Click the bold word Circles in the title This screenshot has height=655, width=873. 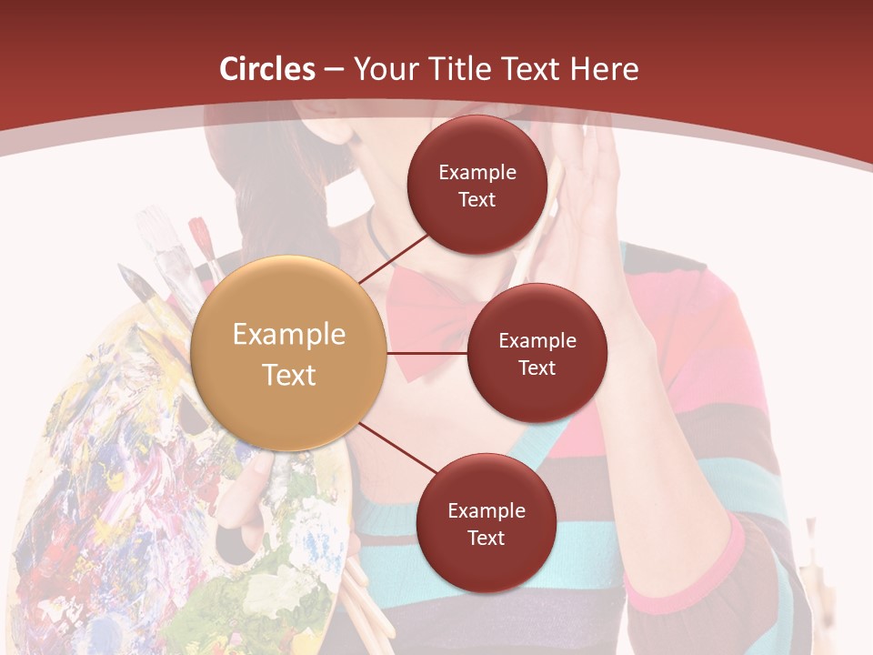pos(267,69)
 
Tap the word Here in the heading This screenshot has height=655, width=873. pos(604,69)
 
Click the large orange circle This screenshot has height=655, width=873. pos(289,353)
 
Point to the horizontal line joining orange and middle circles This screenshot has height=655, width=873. pos(427,352)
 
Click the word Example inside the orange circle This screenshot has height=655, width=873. pos(289,335)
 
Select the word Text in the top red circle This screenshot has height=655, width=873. pos(477,200)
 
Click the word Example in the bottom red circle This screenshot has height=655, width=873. pos(487,510)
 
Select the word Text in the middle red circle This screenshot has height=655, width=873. pos(537,368)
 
